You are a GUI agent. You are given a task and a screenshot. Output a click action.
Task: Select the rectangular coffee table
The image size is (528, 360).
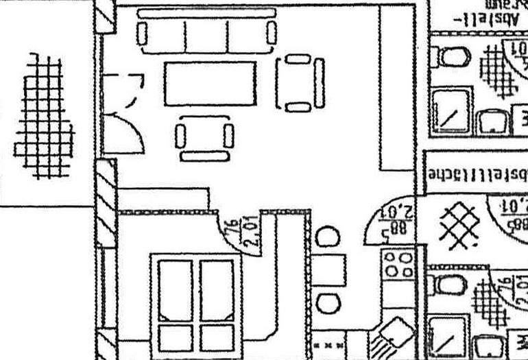pos(210,84)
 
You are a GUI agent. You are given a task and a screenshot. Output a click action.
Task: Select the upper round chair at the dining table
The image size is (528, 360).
pos(327,237)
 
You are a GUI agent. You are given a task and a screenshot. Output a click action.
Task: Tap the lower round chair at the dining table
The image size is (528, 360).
pos(327,302)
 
